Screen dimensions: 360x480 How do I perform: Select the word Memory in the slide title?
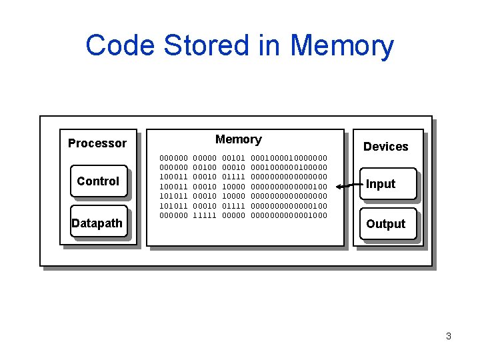pos(341,45)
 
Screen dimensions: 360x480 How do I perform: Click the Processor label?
pos(97,143)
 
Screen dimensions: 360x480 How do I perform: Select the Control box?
pos(98,181)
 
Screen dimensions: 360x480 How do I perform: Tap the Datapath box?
pos(97,223)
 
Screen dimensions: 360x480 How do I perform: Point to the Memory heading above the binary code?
pos(238,139)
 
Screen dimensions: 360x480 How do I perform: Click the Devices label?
pos(385,147)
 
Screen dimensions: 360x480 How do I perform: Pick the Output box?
pos(385,224)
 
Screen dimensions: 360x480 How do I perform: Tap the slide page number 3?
pos(449,336)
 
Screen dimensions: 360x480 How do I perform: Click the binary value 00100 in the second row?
pos(204,167)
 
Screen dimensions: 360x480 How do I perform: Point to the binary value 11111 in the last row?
pos(204,215)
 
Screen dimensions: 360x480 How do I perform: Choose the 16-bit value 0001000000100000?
pos(289,167)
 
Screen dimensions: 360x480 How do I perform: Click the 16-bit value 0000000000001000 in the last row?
pos(289,215)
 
